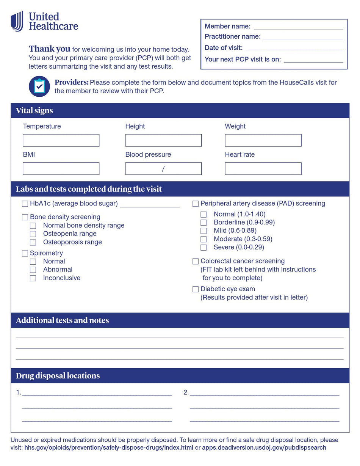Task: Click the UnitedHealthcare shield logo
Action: tap(17, 21)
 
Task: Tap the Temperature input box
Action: tap(61, 140)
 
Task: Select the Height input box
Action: tap(163, 140)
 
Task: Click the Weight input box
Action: tap(263, 140)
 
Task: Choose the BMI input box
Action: tap(61, 169)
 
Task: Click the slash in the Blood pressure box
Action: tap(163, 169)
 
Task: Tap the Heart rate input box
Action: tap(263, 169)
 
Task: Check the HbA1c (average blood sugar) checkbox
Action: tap(25, 204)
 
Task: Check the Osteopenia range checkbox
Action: tap(33, 234)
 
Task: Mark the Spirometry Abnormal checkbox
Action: tap(33, 270)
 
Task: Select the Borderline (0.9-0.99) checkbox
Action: tap(203, 223)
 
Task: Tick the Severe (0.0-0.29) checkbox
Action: tap(203, 248)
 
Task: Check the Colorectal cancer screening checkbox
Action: tap(196, 261)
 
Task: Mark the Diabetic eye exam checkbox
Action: tap(196, 289)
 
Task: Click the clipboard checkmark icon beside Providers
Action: tap(39, 86)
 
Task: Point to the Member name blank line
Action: tap(298, 27)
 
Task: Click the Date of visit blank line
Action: tap(294, 48)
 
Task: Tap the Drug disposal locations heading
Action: tap(58, 376)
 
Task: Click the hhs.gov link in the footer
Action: tap(109, 448)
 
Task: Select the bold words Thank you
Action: tap(49, 49)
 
